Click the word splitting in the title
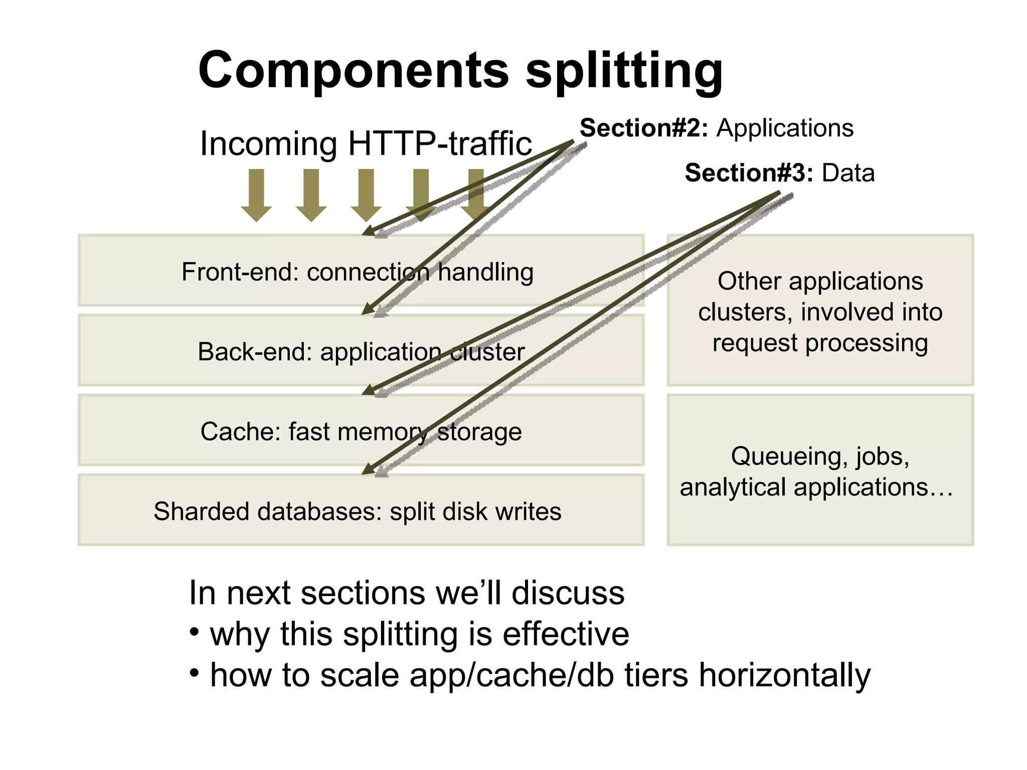624,73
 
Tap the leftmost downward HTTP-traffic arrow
256,195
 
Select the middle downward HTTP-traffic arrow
366,195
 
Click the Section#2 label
644,128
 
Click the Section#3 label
749,173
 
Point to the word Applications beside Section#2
785,128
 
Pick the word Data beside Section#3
848,173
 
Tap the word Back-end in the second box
255,352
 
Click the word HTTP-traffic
440,144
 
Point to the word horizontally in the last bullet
785,675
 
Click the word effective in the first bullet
566,634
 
